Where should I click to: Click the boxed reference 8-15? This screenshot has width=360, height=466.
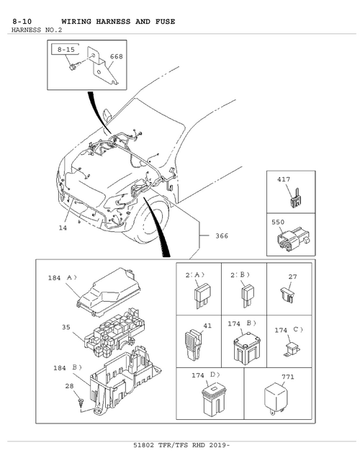(66, 49)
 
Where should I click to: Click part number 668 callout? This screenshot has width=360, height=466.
(116, 56)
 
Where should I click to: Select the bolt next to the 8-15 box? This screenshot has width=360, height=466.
(73, 66)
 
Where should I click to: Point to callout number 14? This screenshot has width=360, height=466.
(63, 228)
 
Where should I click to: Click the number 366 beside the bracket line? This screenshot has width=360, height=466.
(222, 236)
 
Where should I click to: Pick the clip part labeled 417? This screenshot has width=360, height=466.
(295, 198)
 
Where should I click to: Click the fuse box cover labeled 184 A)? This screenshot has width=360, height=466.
(109, 292)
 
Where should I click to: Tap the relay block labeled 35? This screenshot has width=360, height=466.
(114, 332)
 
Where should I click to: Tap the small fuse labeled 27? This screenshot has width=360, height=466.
(287, 295)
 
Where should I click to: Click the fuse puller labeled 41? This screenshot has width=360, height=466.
(194, 344)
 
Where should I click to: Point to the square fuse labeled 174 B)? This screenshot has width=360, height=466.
(246, 350)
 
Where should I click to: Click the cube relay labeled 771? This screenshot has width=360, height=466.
(276, 398)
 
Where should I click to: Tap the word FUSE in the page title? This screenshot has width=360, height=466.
(165, 22)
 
